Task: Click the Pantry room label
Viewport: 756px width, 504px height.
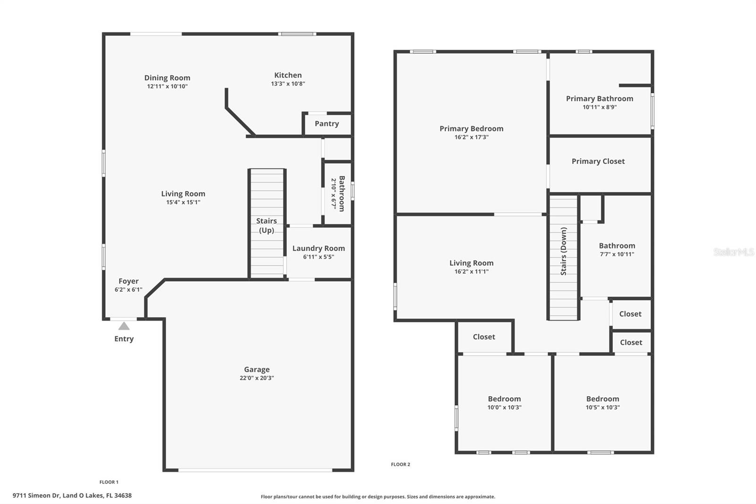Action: [326, 124]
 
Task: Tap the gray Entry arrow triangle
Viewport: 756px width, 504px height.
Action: [124, 326]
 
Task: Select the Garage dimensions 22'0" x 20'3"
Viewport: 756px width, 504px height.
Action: [257, 378]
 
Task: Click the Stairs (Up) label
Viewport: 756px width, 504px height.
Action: [266, 226]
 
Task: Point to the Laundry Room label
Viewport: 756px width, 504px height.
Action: [318, 248]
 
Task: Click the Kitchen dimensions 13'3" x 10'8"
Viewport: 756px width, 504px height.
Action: [288, 84]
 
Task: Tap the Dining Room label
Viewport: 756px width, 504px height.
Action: [167, 78]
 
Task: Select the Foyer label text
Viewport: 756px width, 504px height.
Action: [129, 281]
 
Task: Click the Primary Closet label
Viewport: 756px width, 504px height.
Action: [598, 161]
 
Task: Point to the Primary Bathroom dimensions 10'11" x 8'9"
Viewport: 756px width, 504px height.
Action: [600, 107]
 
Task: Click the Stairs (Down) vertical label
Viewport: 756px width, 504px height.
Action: [563, 251]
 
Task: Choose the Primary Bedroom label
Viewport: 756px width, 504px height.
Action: [471, 129]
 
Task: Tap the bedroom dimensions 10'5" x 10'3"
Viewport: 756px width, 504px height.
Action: [602, 408]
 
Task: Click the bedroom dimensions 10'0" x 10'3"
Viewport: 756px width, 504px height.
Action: [504, 408]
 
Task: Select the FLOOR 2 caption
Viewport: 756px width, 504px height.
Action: [400, 464]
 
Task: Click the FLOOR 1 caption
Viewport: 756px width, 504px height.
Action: [109, 482]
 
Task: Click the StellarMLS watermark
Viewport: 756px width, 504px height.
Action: [733, 252]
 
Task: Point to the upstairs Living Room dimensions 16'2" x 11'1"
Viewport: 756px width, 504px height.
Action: [471, 272]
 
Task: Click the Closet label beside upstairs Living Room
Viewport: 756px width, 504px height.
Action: [484, 337]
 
